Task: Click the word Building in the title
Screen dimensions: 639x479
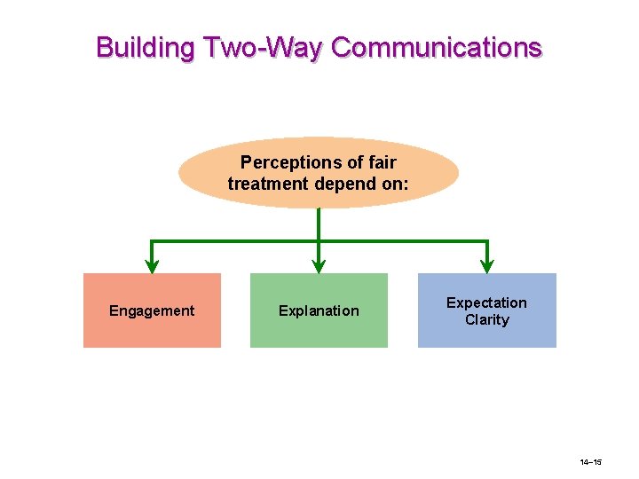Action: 144,47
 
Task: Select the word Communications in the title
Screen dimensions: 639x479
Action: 436,47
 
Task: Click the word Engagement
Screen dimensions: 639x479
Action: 152,310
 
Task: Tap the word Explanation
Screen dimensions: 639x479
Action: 319,310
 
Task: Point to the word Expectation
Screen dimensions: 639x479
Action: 486,302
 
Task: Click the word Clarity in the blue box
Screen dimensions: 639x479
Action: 486,320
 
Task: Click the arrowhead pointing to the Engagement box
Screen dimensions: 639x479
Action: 152,265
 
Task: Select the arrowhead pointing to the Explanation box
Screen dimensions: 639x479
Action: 319,265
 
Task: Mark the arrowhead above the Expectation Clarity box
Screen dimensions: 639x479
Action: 486,265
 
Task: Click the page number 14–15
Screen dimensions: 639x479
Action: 591,463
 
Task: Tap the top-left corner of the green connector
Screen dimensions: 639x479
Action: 152,241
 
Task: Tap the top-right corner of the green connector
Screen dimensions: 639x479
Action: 486,241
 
